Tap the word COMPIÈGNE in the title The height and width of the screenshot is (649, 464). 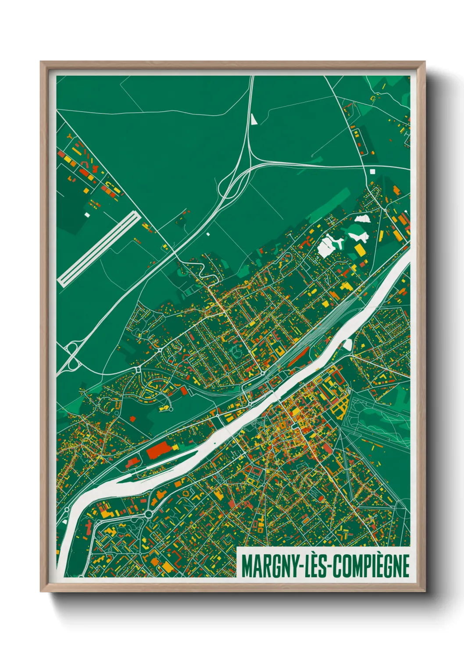(371, 566)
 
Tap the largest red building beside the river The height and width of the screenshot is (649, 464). (158, 450)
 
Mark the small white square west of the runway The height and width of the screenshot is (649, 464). (87, 215)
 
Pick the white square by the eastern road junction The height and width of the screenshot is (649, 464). (373, 172)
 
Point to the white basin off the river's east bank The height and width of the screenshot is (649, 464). (348, 344)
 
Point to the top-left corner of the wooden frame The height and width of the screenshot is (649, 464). (41, 62)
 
